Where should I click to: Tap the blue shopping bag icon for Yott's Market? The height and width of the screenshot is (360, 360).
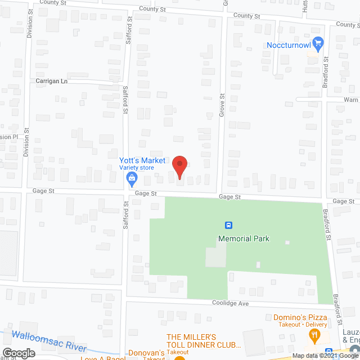coord(132,179)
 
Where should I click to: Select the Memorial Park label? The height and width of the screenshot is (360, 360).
coord(244,238)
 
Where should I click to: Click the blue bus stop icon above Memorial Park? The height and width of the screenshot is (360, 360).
coord(229,226)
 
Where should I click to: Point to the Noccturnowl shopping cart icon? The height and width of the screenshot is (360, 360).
coord(318,43)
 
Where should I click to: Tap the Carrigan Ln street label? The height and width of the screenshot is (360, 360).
coord(51,81)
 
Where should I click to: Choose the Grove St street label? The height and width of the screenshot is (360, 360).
coord(222,104)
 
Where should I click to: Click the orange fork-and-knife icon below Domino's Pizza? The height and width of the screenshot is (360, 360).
coord(315,336)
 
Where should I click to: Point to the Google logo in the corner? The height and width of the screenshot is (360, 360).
coord(17,353)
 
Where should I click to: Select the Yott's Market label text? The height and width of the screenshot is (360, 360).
coord(142,160)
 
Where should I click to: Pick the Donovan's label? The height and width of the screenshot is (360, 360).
coord(145,353)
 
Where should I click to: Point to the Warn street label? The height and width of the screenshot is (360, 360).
coord(350,100)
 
